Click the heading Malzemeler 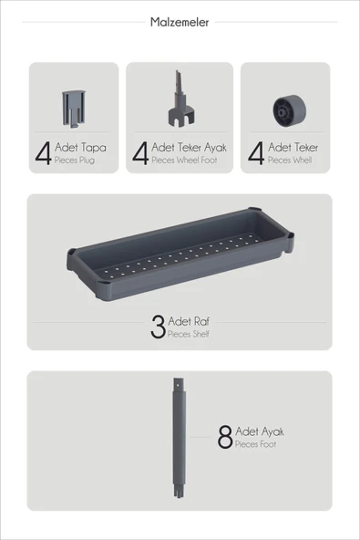click(180, 23)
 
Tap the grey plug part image click(73, 109)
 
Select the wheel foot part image click(180, 98)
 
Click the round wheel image click(289, 111)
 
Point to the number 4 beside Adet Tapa click(43, 153)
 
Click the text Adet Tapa click(80, 148)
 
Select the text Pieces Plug click(75, 161)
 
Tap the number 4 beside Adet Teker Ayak click(140, 153)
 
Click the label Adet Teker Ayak click(189, 148)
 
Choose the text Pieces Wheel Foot click(184, 161)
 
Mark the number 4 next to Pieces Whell click(256, 153)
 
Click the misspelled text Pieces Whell click(290, 161)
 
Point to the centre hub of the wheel click(282, 112)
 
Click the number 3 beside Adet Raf click(158, 327)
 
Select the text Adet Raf click(189, 321)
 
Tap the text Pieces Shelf click(189, 334)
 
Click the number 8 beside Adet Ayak click(225, 437)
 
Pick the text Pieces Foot click(255, 444)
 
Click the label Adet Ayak click(260, 431)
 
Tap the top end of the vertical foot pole click(179, 379)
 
